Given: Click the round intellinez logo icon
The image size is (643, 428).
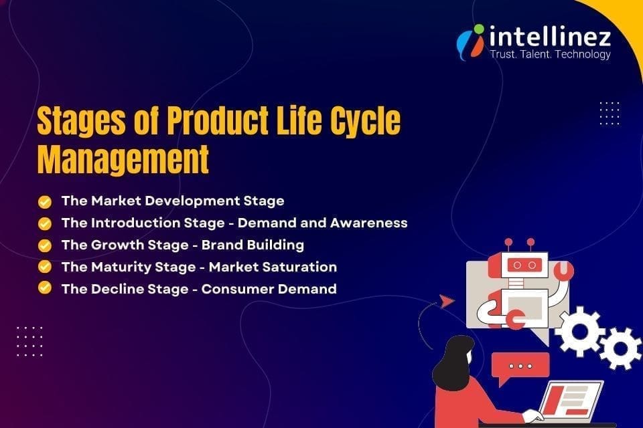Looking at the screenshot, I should point(470,41).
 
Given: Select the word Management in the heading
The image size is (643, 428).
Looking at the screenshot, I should point(123,160).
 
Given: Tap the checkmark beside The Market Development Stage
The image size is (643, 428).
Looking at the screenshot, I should point(45,201).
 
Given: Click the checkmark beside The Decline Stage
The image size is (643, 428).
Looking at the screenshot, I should point(45,288).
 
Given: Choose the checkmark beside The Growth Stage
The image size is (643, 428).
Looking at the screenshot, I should point(45,245).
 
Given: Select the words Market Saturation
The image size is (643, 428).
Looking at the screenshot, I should point(273,267).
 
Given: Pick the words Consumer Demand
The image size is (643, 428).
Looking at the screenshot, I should point(269,289).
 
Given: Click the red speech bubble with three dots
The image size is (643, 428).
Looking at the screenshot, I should point(520,366).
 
